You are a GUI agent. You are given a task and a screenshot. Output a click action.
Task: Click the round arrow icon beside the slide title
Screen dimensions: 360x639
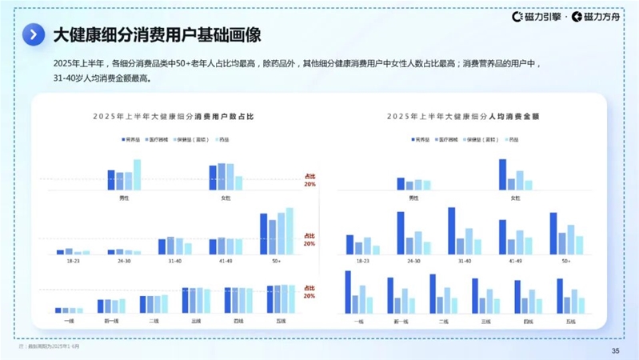33,34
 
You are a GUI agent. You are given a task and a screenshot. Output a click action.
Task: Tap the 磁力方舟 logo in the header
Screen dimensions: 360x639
598,16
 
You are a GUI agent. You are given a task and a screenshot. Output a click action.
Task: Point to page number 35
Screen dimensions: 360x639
615,350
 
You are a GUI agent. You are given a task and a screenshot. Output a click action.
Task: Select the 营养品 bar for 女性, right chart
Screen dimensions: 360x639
503,174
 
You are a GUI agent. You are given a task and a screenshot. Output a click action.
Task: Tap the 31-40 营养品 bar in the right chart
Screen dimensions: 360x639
451,231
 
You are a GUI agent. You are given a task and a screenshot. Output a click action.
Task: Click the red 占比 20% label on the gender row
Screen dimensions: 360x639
310,180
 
